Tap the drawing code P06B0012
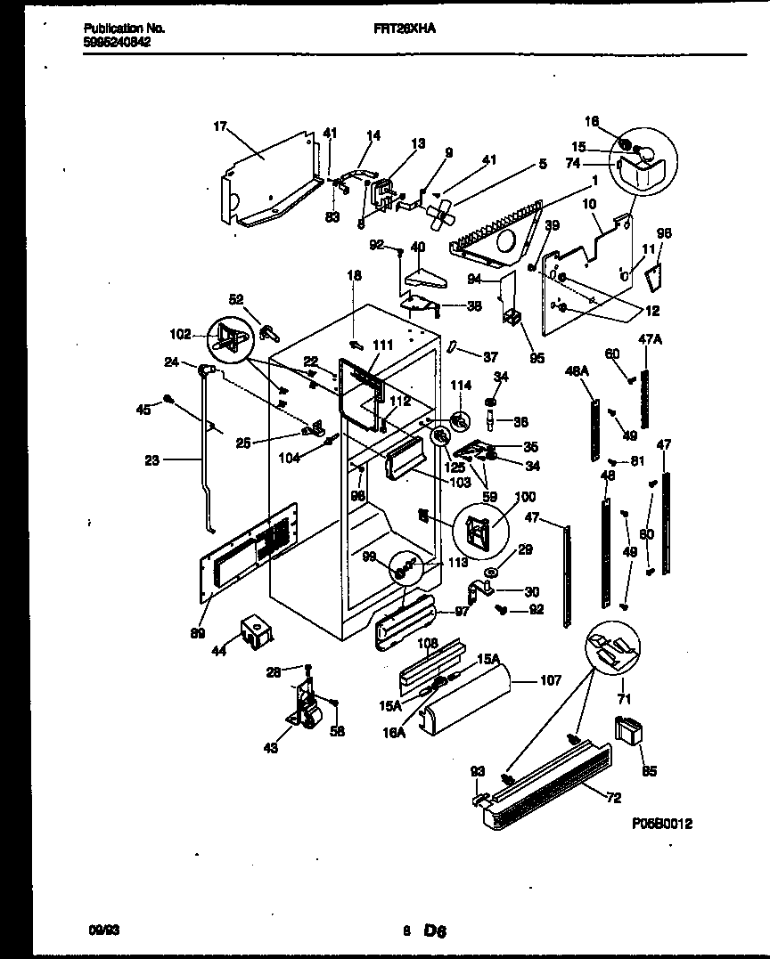659,824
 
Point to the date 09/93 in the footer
103,930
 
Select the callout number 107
551,681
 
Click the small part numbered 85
628,732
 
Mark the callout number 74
598,163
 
